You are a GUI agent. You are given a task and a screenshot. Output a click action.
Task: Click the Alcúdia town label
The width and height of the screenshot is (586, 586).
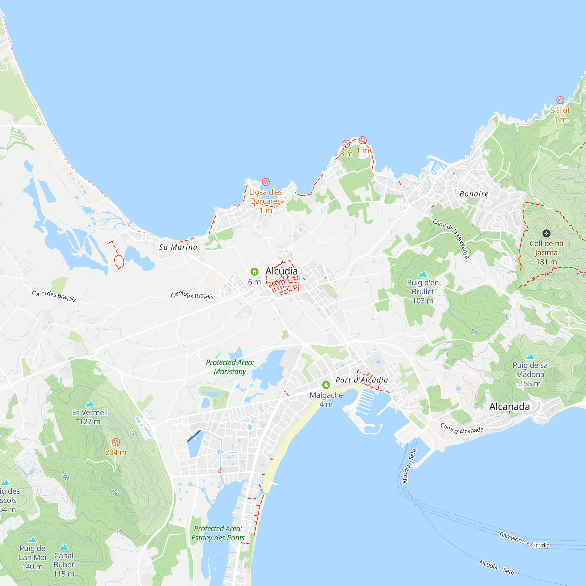(281, 271)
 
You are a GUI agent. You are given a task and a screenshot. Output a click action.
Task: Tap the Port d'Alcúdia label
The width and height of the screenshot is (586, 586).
(362, 380)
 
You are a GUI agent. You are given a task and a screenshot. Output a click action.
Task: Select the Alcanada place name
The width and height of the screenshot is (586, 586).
(509, 407)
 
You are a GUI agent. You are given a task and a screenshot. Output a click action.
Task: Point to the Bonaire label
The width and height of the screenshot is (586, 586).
(474, 194)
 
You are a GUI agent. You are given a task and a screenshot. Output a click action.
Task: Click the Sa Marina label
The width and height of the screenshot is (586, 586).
(178, 247)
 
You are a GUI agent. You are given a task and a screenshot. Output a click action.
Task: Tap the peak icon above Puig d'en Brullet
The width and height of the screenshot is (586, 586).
(423, 274)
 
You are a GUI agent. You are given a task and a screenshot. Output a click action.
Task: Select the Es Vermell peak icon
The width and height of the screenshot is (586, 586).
(90, 404)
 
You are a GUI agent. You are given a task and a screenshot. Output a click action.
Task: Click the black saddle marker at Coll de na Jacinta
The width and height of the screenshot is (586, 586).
(546, 233)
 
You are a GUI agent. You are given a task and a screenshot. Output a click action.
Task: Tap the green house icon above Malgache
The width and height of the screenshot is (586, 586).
(326, 385)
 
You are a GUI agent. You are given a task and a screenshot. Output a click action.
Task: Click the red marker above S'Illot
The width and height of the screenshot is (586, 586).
(560, 100)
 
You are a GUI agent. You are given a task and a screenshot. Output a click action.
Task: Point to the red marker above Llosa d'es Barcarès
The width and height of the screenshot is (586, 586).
(266, 182)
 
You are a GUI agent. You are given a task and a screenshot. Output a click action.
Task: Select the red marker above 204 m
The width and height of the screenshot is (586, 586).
(115, 442)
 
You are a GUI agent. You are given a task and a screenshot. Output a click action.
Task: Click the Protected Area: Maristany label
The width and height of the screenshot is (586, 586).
(230, 367)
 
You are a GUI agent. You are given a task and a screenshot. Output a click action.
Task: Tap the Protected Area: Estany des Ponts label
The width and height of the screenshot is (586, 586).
(218, 533)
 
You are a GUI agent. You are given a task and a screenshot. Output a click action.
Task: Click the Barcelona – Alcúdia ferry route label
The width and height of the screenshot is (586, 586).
(524, 540)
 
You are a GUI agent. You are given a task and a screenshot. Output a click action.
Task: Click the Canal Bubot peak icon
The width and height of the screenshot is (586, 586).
(64, 547)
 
